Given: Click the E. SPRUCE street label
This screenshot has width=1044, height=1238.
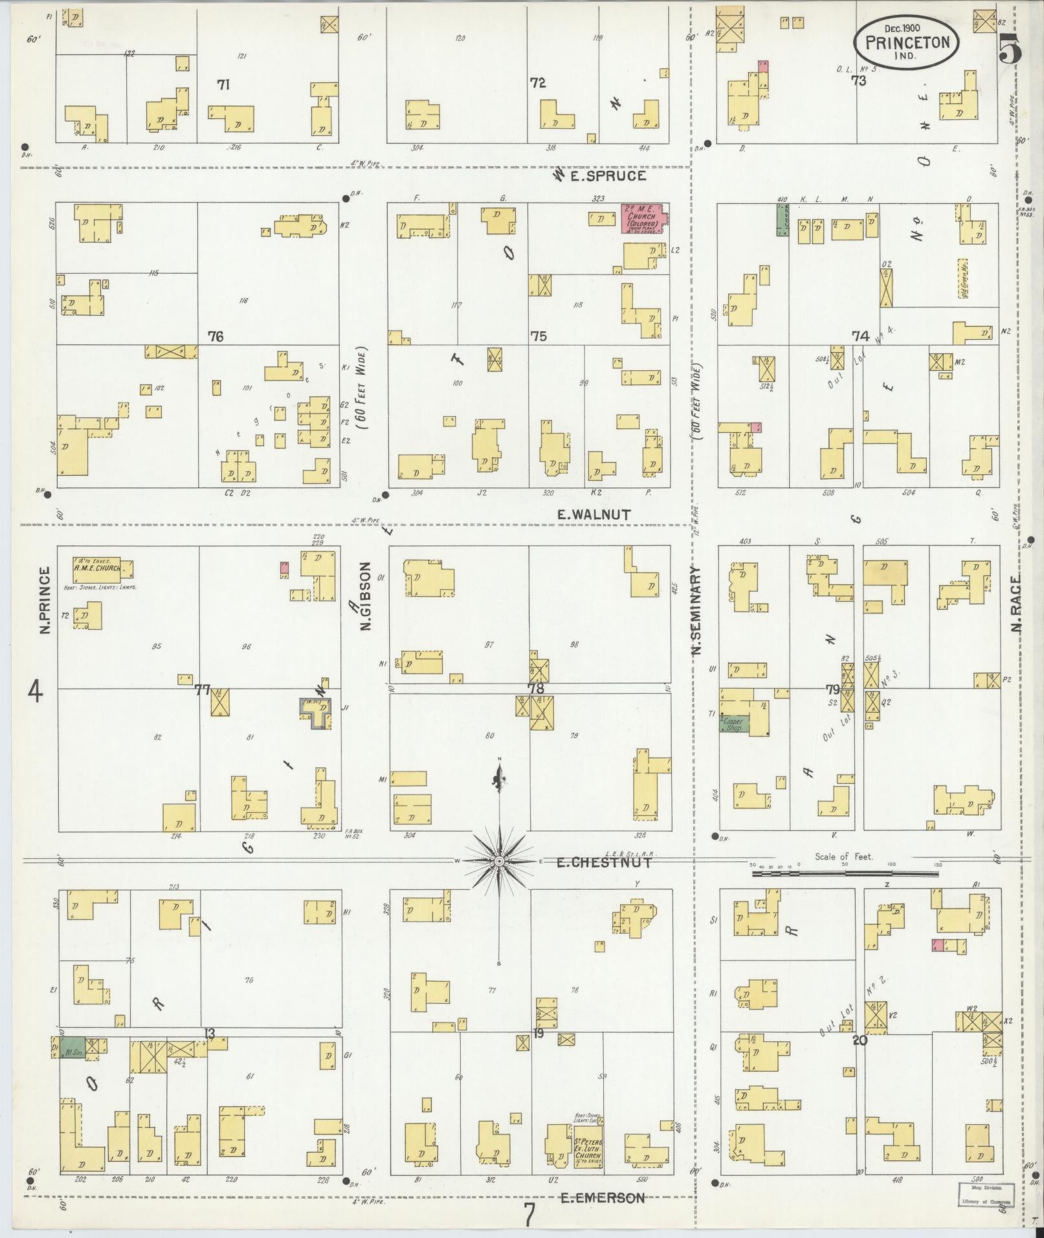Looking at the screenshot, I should point(608,175).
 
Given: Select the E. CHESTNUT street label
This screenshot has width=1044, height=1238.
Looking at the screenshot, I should point(603,862).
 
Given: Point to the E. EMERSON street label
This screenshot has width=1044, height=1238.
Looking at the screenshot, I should point(602,1198).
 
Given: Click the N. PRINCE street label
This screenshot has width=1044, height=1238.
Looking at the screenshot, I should point(45,600).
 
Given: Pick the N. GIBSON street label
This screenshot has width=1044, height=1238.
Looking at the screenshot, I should point(366,595).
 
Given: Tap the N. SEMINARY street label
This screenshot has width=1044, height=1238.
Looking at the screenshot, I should point(697,612).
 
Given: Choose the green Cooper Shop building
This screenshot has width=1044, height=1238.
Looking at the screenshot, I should point(734,725).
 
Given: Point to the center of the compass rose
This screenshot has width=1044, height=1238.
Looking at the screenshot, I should point(499,863).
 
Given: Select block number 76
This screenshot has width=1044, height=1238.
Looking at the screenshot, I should point(216,337).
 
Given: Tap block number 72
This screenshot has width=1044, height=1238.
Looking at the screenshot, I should point(537,83).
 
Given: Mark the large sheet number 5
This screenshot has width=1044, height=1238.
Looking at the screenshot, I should point(1010,48).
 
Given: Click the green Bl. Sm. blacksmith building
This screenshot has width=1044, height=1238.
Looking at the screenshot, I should point(72,1046).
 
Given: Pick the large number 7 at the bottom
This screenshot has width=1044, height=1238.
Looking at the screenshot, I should point(529,1215).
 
